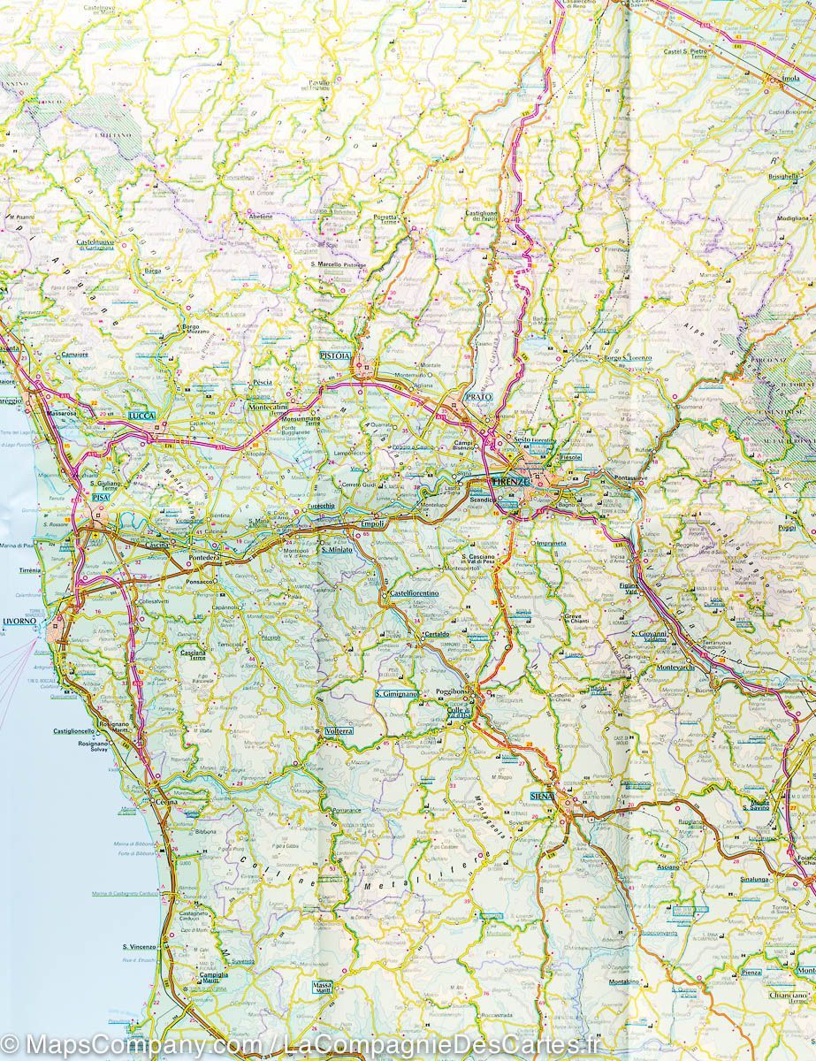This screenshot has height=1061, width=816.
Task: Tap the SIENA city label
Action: pos(541,796)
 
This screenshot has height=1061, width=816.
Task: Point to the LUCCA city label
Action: pos(141,415)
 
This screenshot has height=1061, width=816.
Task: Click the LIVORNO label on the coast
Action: pos(19,621)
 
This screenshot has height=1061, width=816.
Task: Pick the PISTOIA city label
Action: pos(335,355)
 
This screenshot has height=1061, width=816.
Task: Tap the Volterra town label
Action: pos(339,731)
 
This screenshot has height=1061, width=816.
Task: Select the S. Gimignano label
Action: pos(395,694)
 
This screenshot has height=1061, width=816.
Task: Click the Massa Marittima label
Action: pos(322,989)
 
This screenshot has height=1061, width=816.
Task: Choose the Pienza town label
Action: pos(751,973)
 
